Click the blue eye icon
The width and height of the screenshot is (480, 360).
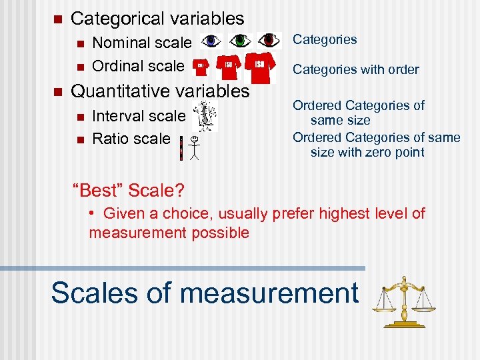tap(211, 41)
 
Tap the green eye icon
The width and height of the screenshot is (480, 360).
tap(240, 41)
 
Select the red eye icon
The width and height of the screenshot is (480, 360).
tap(269, 41)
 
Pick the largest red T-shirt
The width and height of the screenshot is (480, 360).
tap(260, 65)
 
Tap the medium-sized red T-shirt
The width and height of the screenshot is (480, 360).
tap(227, 66)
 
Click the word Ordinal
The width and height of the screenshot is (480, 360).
tap(119, 66)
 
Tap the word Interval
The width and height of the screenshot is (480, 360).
tap(119, 116)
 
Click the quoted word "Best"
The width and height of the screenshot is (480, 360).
tap(97, 191)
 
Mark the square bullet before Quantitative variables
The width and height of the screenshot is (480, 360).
tap(57, 91)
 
